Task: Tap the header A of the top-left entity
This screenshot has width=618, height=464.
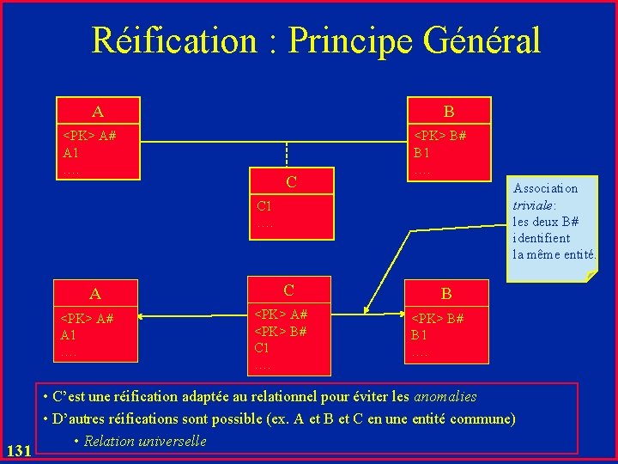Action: tap(98, 111)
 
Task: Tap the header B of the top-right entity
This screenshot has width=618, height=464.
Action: tap(448, 111)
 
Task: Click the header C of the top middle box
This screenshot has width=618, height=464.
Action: tap(291, 181)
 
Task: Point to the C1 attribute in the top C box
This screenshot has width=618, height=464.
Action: tap(264, 205)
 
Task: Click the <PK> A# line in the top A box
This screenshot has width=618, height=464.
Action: tap(88, 136)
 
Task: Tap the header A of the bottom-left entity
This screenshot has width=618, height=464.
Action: tap(97, 295)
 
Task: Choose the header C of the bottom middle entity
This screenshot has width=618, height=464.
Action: tap(289, 290)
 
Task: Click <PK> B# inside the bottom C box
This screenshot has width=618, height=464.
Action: tap(281, 332)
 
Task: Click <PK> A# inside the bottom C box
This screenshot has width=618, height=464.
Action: tap(281, 316)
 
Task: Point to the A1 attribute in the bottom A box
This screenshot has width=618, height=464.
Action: tap(70, 334)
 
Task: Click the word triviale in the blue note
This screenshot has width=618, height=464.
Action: tap(533, 205)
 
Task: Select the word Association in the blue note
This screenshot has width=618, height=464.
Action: tap(545, 188)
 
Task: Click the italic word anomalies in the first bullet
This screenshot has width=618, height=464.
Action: tap(445, 397)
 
